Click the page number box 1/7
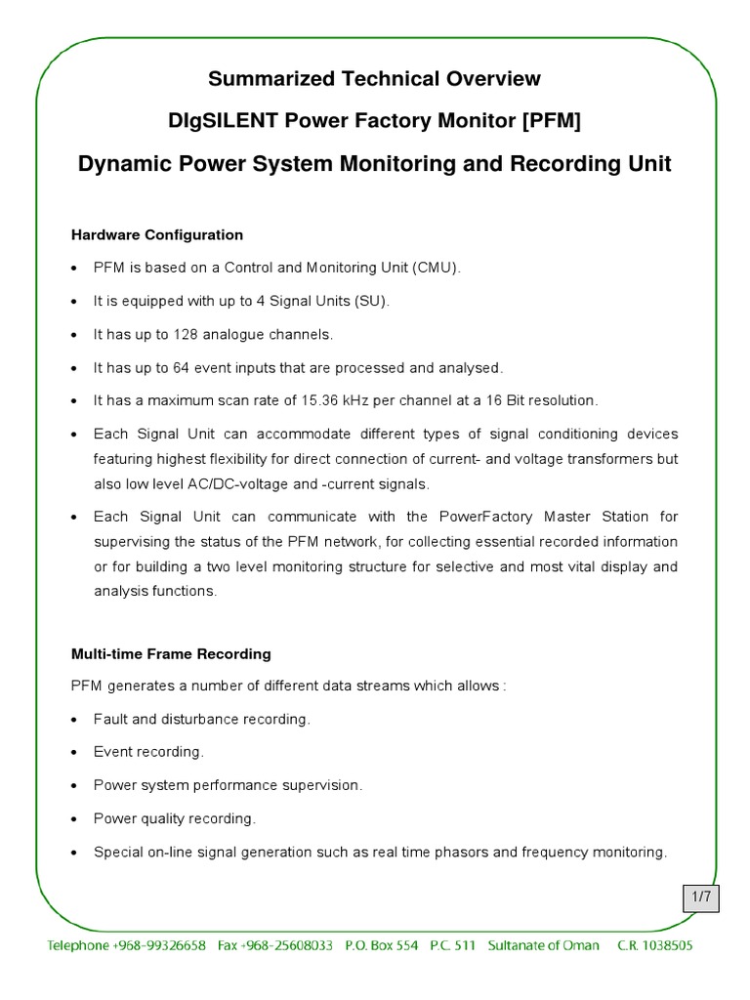[701, 896]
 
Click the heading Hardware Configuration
[157, 235]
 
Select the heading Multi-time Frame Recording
[171, 653]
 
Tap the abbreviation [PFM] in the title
[557, 121]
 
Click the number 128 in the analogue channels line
[187, 335]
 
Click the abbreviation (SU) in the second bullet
[373, 302]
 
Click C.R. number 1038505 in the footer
[667, 946]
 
